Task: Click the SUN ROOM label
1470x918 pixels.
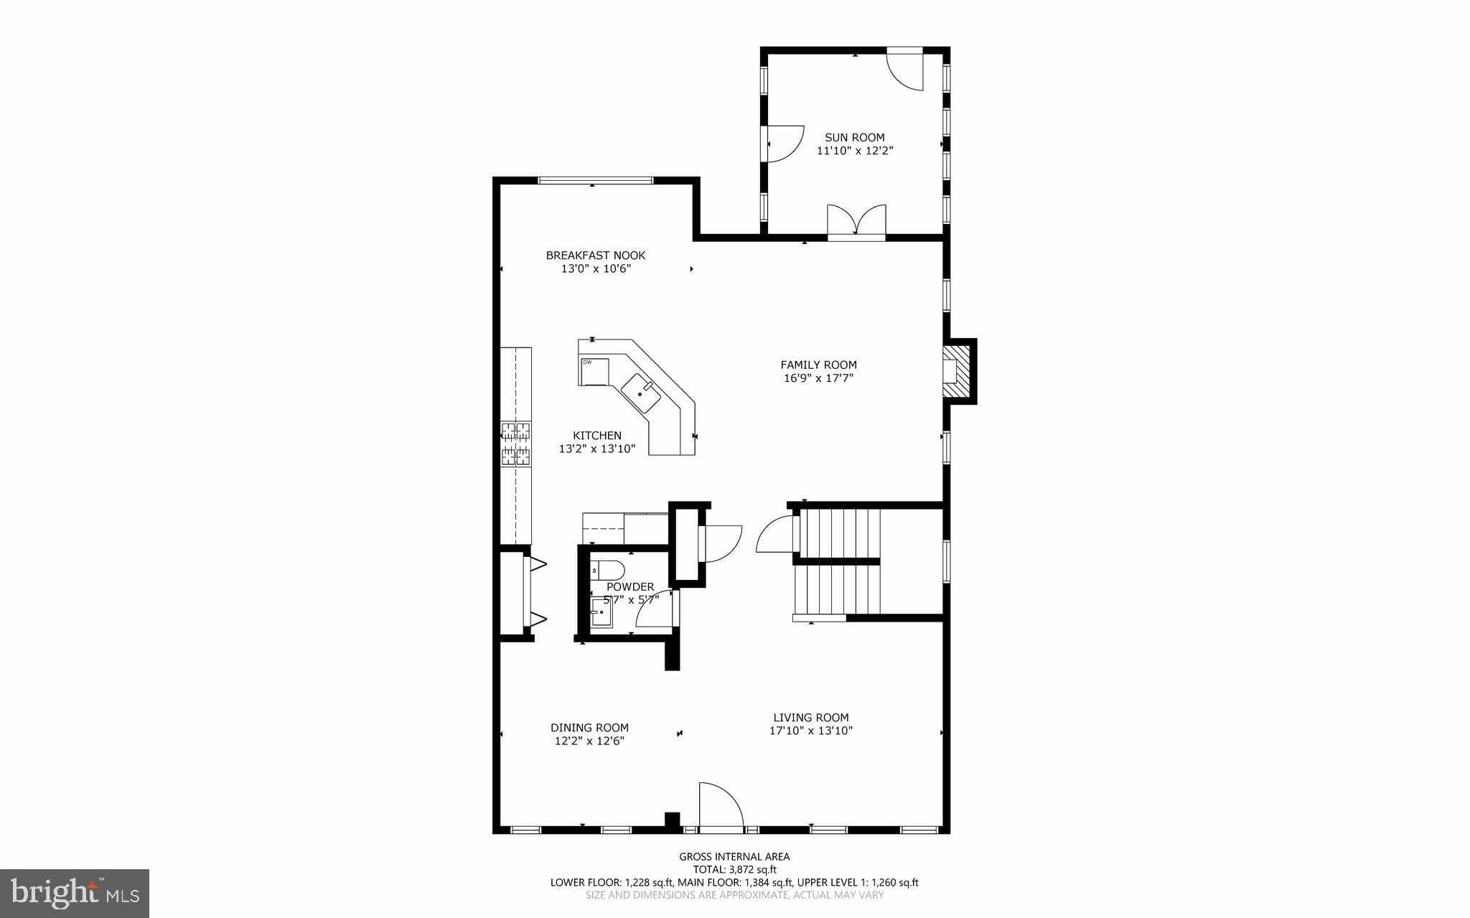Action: (854, 137)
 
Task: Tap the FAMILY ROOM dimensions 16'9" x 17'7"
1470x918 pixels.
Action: (818, 378)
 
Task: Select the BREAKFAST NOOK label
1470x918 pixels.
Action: (595, 255)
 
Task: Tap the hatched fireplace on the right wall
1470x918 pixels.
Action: (958, 371)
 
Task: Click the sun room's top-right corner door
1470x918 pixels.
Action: (905, 70)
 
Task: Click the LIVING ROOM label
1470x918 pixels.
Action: (810, 717)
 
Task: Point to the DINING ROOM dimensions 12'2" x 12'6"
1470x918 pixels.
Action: (589, 741)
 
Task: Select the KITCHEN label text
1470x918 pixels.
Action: (596, 435)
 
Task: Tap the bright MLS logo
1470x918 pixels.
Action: (75, 893)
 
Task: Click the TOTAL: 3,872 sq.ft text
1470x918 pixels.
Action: (734, 869)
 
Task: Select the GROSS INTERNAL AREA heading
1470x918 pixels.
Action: (734, 856)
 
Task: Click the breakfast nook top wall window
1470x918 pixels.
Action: (595, 180)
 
